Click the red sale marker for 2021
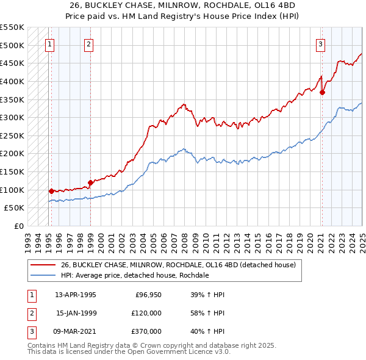click(x=323, y=93)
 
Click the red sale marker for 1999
click(x=90, y=182)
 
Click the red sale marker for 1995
click(x=51, y=191)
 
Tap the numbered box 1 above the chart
click(x=49, y=43)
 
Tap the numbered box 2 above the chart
click(x=89, y=43)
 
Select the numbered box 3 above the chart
click(x=320, y=43)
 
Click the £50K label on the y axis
click(x=14, y=208)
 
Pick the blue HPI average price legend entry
click(x=135, y=275)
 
